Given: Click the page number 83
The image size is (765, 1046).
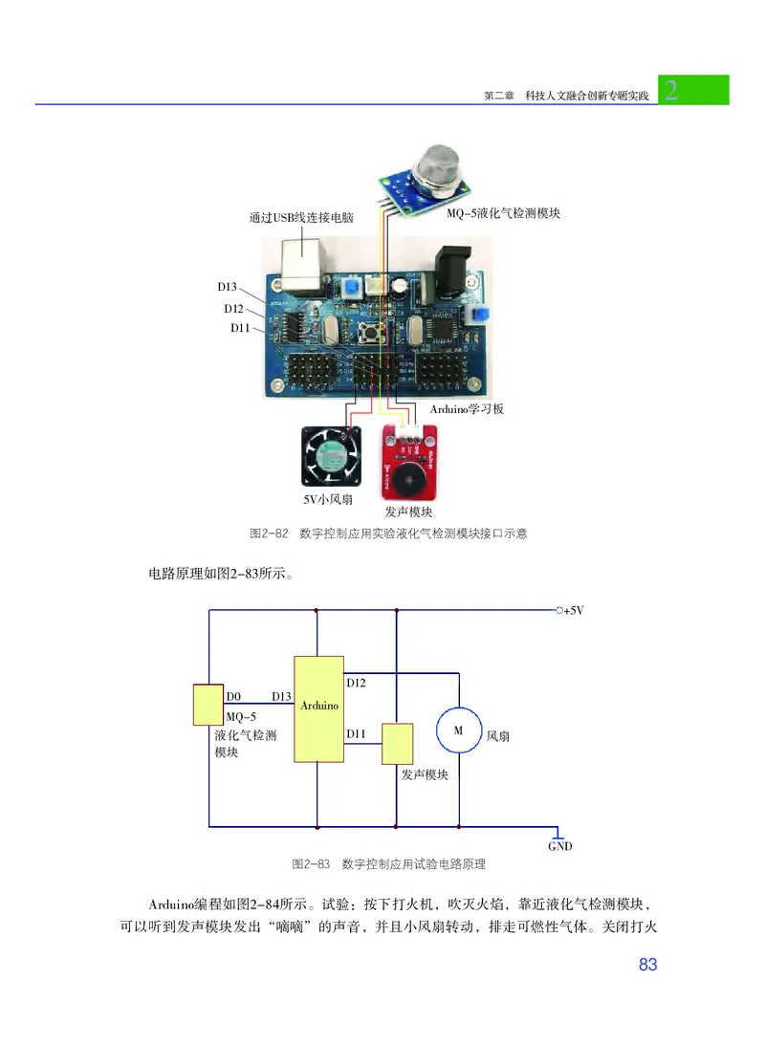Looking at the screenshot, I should click(x=647, y=965).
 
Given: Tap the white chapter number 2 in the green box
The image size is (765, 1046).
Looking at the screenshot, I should click(x=671, y=91).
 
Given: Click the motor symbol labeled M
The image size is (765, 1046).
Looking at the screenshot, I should click(x=457, y=730).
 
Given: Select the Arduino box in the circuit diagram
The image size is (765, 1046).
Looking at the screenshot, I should click(x=318, y=708).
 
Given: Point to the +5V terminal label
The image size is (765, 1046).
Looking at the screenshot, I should click(x=573, y=610).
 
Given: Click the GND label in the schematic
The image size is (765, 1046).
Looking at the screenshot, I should click(x=559, y=846).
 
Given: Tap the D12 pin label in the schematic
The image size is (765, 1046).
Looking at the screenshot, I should click(x=356, y=683).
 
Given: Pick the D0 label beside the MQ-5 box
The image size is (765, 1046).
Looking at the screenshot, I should click(x=233, y=696).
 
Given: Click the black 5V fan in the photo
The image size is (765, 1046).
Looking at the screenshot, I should click(x=330, y=456).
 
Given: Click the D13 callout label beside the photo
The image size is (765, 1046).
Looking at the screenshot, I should click(x=227, y=287).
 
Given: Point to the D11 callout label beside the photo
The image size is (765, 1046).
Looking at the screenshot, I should click(x=239, y=328).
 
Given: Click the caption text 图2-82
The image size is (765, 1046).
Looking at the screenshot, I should click(x=269, y=534).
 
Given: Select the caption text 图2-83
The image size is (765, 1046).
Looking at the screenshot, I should click(x=311, y=864).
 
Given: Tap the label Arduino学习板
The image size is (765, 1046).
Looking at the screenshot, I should click(x=467, y=409).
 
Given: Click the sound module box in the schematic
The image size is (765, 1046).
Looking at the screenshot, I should click(x=397, y=743).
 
